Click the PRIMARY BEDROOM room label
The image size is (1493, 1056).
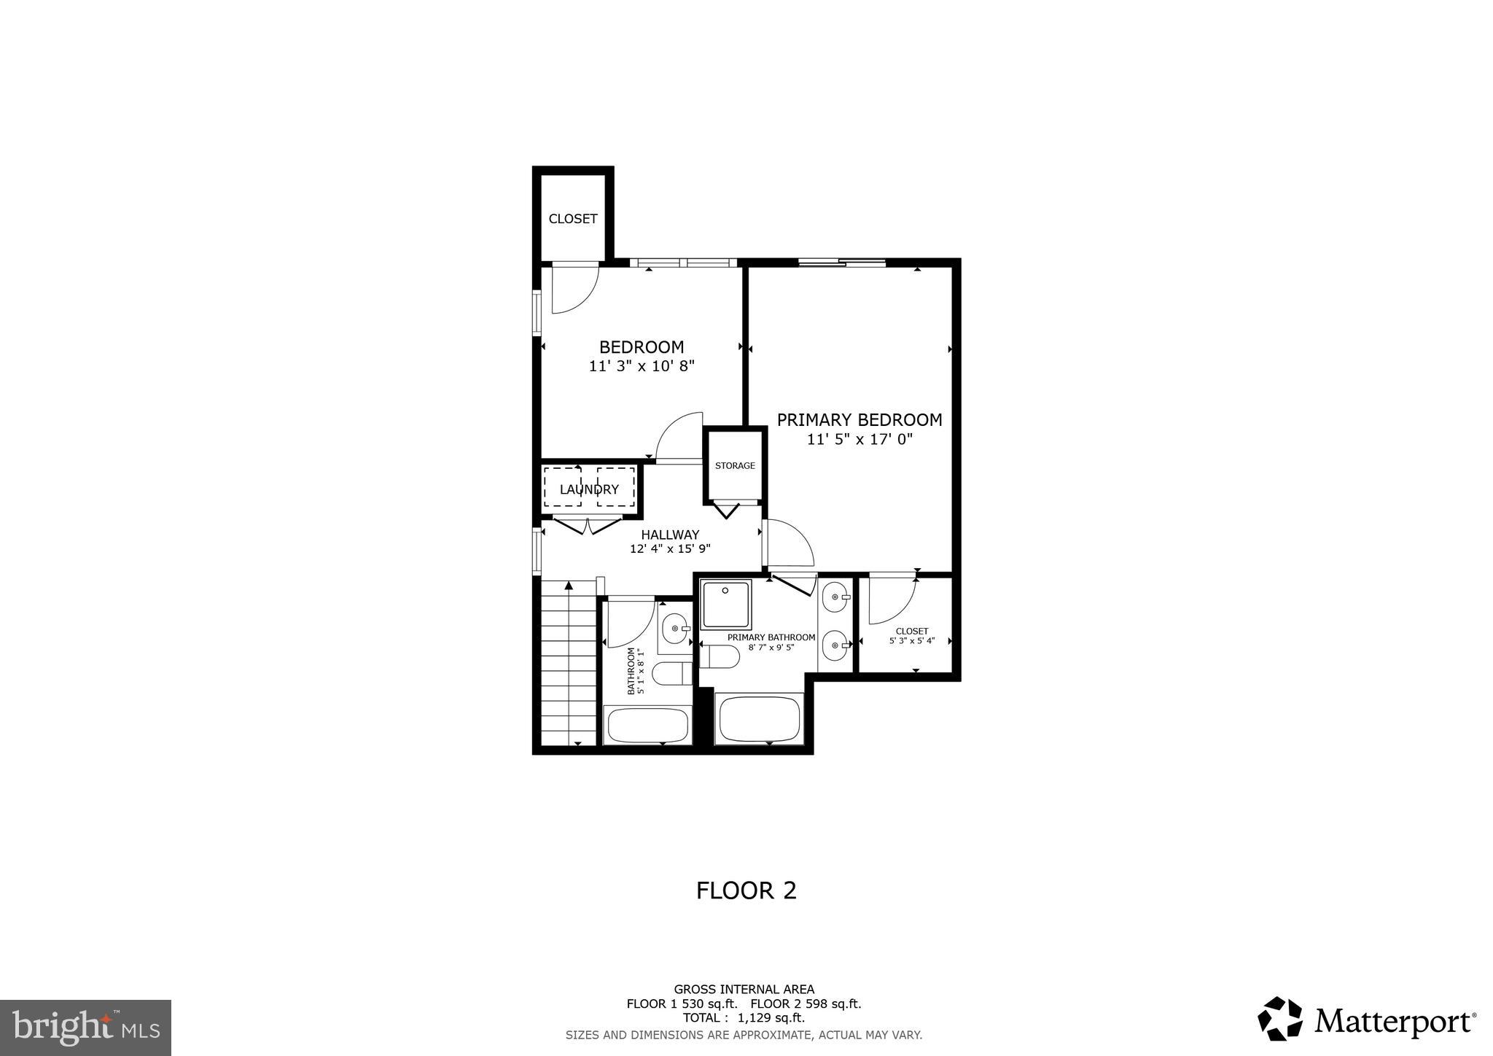859,420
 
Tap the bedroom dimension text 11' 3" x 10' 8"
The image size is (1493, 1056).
642,366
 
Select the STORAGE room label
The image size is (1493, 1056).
735,466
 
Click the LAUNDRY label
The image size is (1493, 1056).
589,489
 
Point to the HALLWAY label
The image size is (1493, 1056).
670,535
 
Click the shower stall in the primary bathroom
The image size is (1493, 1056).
725,605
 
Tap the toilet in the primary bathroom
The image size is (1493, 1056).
720,656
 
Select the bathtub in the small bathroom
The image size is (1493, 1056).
647,724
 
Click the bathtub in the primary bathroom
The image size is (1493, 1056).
759,719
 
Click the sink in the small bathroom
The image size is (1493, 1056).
676,629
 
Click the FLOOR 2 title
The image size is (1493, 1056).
746,890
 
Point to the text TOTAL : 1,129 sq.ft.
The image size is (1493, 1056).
744,1018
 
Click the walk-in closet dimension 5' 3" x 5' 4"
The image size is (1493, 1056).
911,641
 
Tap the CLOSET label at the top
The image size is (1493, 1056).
573,219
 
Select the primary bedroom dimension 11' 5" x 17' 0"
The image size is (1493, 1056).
859,440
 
